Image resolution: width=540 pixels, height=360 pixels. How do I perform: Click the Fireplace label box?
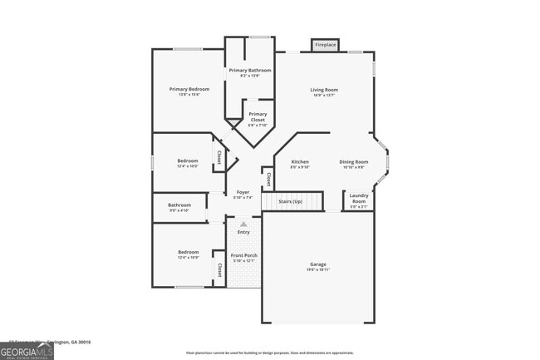326,45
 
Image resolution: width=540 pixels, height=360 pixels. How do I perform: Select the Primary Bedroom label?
189,89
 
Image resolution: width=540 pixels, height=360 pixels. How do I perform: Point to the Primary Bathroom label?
250,71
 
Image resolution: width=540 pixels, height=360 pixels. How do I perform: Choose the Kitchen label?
299,161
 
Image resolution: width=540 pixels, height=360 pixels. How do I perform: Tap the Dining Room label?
354,161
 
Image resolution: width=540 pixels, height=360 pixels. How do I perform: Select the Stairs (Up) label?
290,201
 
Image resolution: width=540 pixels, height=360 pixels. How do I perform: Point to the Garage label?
319,264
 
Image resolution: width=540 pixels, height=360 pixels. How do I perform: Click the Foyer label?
243,192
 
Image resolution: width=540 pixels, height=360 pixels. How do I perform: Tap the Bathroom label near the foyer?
179,205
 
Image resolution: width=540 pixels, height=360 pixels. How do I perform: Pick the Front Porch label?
243,255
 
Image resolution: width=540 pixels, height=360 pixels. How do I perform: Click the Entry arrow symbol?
243,224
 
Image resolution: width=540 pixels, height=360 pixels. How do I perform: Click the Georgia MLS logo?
27,351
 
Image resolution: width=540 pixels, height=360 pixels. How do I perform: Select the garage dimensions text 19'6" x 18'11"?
319,269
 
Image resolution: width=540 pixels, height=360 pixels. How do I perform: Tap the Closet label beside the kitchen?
268,179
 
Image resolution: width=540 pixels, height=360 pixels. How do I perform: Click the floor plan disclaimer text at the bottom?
269,352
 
